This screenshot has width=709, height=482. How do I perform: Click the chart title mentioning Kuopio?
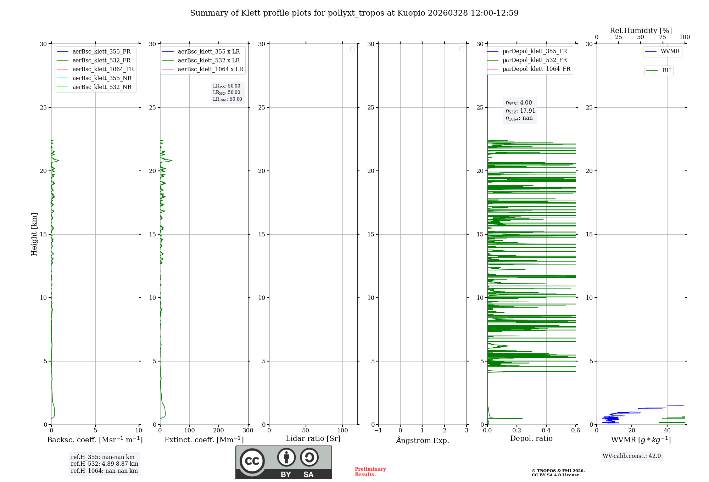[354, 13]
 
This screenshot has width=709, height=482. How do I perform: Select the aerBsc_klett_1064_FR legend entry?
[103, 69]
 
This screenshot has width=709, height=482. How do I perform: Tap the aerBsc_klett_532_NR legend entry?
[102, 87]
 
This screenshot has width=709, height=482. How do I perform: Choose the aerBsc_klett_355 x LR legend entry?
[208, 51]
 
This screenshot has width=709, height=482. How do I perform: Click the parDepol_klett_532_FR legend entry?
[534, 60]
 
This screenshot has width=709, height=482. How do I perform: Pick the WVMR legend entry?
[670, 51]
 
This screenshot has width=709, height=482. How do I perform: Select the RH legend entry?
[666, 71]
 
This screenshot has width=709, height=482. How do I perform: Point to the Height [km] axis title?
[34, 234]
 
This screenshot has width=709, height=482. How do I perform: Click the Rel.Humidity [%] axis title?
[641, 30]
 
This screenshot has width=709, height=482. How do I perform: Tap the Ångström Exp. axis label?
[422, 440]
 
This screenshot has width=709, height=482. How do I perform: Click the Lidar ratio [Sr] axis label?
[313, 438]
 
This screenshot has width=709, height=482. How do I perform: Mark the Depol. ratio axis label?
[531, 438]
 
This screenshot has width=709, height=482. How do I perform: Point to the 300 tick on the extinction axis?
[248, 431]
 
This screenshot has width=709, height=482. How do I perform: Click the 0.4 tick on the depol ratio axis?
[546, 431]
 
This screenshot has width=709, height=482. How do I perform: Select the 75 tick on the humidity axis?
[662, 37]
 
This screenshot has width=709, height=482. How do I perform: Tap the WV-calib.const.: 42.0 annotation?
[632, 456]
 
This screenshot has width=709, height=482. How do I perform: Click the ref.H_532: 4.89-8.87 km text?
[104, 464]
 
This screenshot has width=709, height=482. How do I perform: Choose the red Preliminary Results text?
[370, 471]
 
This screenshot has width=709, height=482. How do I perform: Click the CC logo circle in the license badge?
[252, 461]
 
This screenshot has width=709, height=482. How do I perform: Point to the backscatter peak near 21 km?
[58, 161]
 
